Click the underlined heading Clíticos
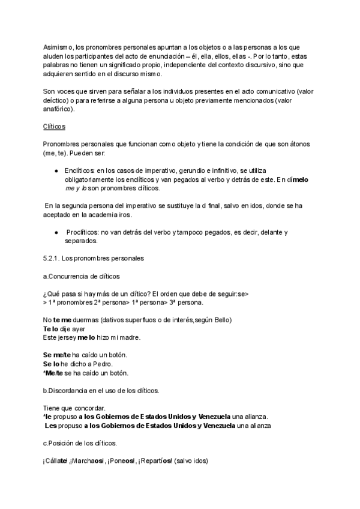[x=54, y=127]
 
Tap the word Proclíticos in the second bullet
[x=82, y=232]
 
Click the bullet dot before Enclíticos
[x=56, y=171]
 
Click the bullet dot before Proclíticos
[x=56, y=232]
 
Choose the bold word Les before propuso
[x=51, y=426]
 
